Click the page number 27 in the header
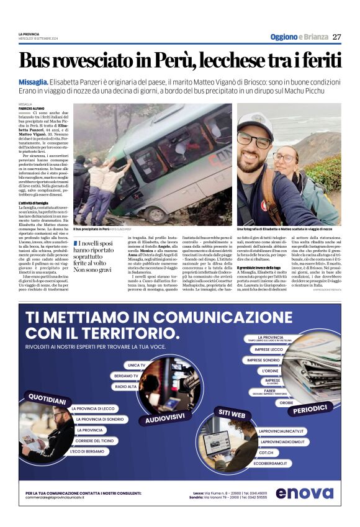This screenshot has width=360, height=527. tap(337, 37)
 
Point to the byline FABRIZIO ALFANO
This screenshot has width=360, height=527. tap(31, 109)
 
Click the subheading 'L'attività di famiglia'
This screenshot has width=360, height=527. tap(36, 203)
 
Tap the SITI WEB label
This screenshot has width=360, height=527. tap(232, 412)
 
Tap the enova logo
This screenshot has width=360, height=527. tap(304, 493)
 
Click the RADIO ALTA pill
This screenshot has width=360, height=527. tap(126, 387)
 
